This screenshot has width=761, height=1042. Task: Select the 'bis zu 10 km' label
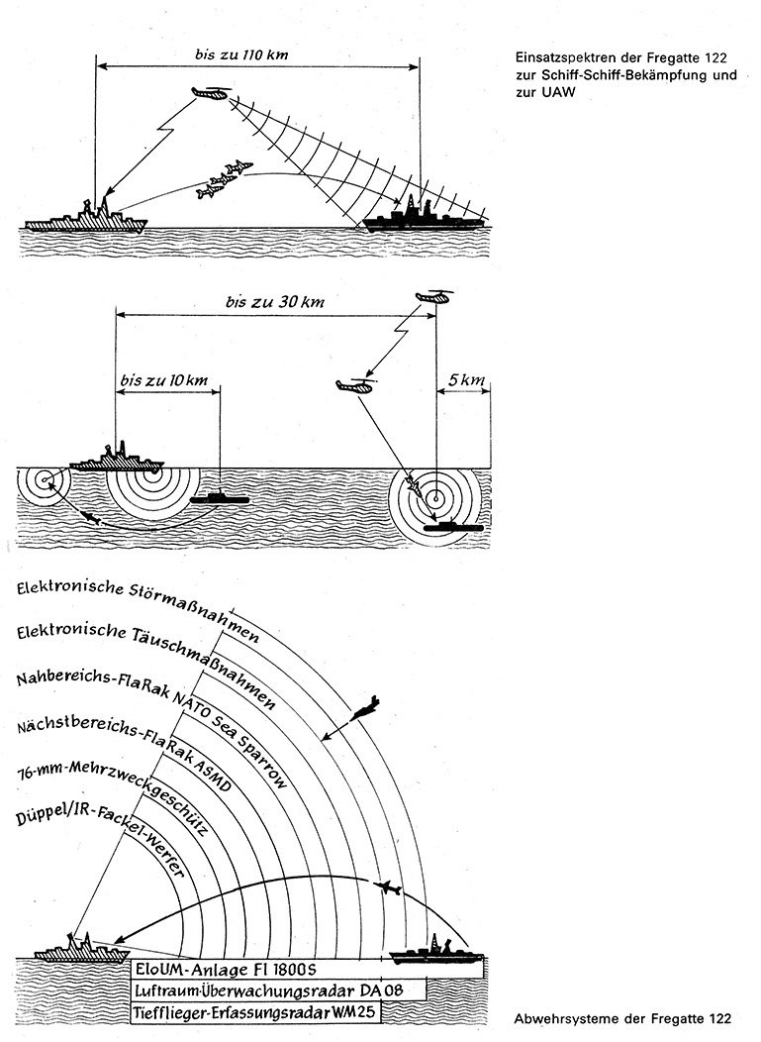click(163, 380)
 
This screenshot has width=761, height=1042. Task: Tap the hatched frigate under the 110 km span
click(87, 219)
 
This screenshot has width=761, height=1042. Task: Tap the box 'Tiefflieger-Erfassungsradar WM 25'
click(255, 1013)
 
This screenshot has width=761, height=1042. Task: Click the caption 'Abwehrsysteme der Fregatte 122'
click(623, 1019)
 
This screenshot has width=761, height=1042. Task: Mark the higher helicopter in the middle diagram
click(432, 296)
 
